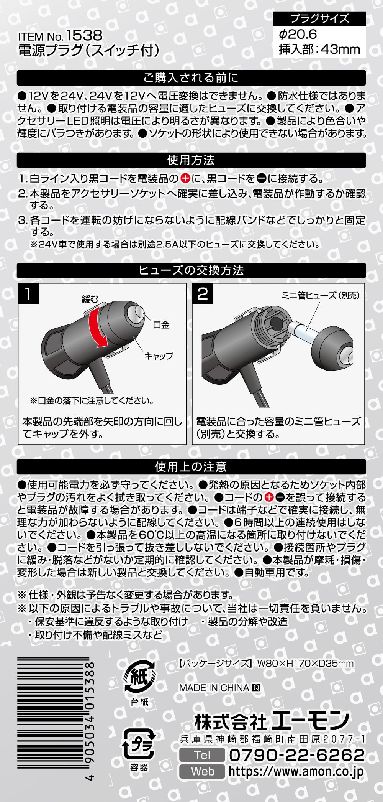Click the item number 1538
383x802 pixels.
click(x=84, y=36)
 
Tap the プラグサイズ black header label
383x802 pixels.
click(x=319, y=18)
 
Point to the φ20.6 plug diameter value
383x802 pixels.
click(x=298, y=35)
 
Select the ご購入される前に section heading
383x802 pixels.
click(x=191, y=78)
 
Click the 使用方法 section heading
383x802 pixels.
click(x=191, y=160)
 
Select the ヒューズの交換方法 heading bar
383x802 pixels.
click(x=191, y=270)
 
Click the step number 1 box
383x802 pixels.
click(x=29, y=294)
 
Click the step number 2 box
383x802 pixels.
click(x=203, y=294)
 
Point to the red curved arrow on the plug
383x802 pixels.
click(x=96, y=328)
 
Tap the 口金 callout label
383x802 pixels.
click(x=161, y=325)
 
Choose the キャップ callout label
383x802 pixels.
click(x=159, y=356)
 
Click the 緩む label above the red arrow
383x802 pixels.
click(x=90, y=299)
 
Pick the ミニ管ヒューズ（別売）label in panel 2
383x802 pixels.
click(x=321, y=295)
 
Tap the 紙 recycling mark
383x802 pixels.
click(x=139, y=678)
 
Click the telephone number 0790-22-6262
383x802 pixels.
click(x=296, y=755)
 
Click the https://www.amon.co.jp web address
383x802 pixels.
click(x=296, y=771)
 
